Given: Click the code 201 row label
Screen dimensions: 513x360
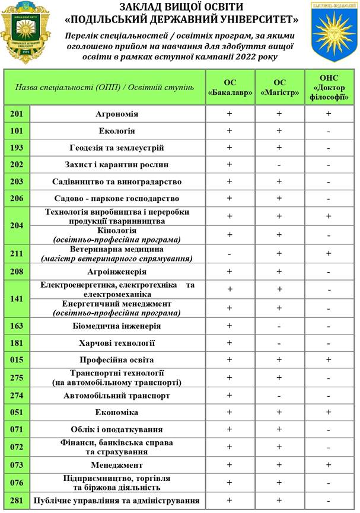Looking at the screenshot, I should tap(16, 114).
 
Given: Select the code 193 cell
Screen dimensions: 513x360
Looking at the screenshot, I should tap(16, 148).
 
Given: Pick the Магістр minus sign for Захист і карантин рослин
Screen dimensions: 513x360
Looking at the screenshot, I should tap(279, 165).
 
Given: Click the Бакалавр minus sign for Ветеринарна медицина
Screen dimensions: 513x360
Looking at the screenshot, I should tap(230, 253).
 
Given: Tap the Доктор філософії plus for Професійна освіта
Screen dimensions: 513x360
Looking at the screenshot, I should tap(328, 359).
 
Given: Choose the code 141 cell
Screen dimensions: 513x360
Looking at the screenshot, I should tap(16, 298).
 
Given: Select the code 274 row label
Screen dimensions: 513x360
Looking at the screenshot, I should tap(16, 396).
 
